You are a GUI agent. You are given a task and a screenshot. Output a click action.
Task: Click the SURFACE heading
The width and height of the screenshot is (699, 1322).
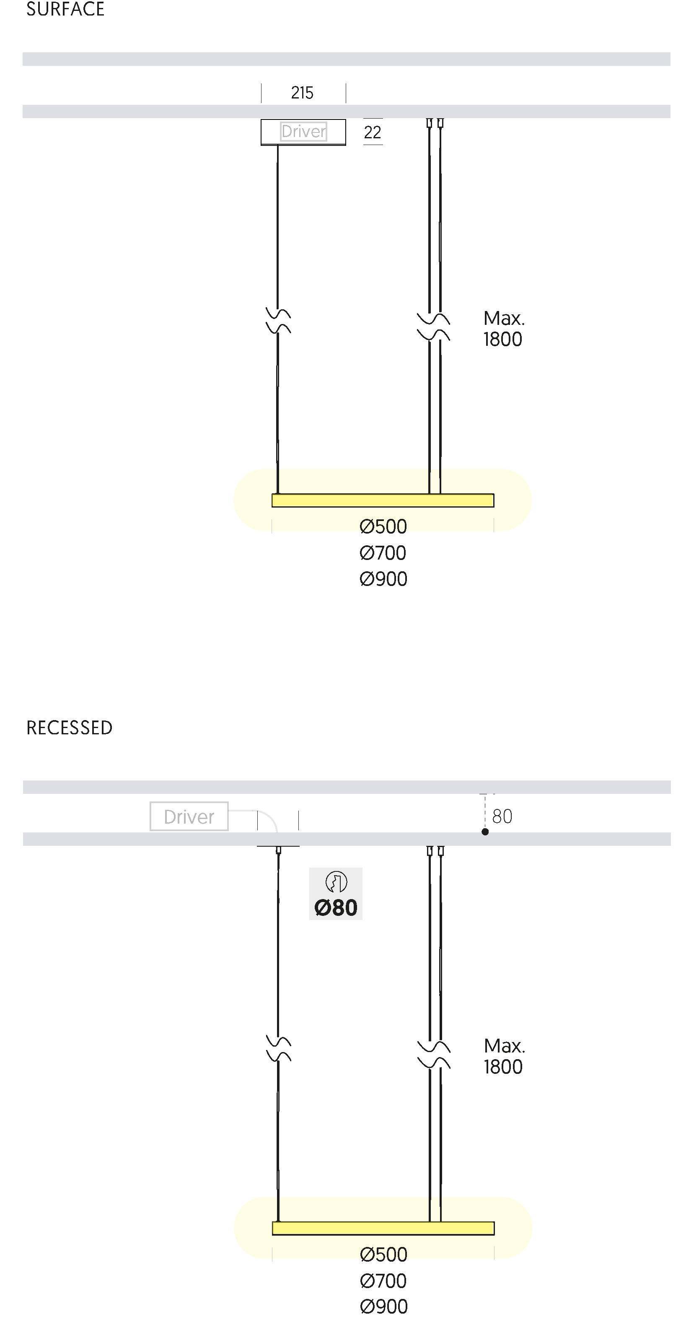click(x=65, y=9)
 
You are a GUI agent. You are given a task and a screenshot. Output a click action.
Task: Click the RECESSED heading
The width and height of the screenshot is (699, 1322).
click(x=69, y=728)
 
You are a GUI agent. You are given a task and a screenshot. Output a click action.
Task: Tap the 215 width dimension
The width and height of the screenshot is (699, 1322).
click(x=302, y=93)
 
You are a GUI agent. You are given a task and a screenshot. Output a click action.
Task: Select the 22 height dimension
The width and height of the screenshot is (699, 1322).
click(x=373, y=132)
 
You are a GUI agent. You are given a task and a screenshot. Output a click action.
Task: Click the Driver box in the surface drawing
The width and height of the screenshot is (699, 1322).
click(x=303, y=132)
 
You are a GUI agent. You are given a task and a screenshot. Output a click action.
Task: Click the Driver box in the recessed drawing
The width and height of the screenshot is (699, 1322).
click(x=189, y=816)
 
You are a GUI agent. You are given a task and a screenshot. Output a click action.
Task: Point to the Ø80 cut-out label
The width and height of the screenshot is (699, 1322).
click(x=336, y=907)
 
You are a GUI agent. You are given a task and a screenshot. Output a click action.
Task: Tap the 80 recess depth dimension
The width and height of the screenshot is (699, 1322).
click(x=502, y=817)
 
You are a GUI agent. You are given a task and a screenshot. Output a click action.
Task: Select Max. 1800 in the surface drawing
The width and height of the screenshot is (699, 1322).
click(x=503, y=329)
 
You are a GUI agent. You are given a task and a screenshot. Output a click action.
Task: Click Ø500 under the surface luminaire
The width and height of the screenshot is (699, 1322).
click(x=383, y=526)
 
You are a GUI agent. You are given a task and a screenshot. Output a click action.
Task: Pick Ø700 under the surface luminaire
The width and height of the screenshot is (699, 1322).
click(x=383, y=553)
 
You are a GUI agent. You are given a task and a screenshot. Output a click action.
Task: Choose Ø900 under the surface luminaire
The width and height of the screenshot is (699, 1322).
click(x=383, y=579)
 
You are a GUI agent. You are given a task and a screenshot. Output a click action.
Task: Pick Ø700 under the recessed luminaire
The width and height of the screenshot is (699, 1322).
click(x=383, y=1281)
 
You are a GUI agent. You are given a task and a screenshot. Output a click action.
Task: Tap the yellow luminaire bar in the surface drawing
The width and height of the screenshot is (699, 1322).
click(x=383, y=500)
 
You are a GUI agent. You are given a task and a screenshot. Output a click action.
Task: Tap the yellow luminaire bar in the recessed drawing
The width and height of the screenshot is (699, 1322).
click(x=383, y=1228)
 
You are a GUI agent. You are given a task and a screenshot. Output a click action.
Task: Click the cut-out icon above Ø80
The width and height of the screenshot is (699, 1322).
click(x=336, y=882)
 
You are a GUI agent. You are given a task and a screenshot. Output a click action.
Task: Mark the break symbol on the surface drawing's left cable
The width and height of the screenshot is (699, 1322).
click(x=278, y=321)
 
